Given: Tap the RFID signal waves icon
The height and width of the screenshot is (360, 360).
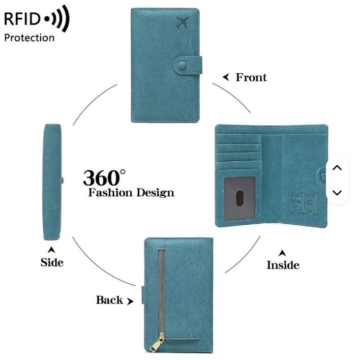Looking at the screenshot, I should (x=57, y=20).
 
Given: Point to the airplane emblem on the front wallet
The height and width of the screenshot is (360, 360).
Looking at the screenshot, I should (x=182, y=22).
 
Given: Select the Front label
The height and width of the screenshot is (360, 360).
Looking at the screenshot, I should (x=251, y=77).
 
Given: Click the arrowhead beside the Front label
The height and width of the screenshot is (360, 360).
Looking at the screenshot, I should (x=226, y=77).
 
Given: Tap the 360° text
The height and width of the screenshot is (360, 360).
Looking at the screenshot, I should (x=104, y=177).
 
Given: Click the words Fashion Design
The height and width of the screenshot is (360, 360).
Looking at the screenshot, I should (x=131, y=193).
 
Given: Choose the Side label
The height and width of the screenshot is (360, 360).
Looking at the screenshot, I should (x=52, y=262).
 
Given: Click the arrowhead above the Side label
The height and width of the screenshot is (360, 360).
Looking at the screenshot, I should (x=51, y=250).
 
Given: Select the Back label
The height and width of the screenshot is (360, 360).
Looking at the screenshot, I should (x=109, y=300).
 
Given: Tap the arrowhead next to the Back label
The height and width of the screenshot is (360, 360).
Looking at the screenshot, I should (x=130, y=301).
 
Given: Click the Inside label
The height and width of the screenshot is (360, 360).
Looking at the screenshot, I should (x=283, y=265).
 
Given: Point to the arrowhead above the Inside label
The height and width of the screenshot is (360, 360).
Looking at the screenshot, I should (x=282, y=252).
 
